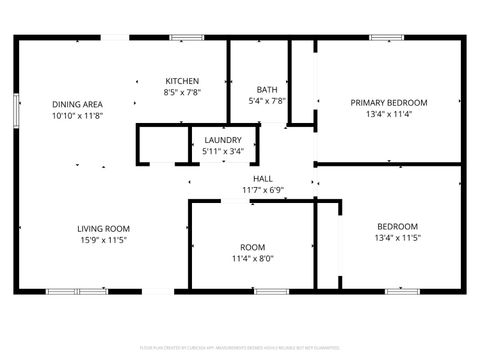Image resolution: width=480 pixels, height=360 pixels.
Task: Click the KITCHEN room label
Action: (182, 81)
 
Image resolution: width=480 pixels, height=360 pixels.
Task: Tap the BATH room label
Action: (267, 89)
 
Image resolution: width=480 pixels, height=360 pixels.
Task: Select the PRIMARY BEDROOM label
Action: (388, 103)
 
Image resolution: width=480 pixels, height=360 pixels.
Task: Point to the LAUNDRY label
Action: (222, 140)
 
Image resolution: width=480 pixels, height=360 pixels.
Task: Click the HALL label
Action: (263, 178)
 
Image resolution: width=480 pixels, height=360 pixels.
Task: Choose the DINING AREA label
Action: (78, 104)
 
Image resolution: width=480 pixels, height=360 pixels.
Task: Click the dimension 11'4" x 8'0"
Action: (252, 257)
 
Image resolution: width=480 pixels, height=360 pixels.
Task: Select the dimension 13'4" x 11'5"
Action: (397, 238)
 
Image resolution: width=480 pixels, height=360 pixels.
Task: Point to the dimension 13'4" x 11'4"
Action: (388, 114)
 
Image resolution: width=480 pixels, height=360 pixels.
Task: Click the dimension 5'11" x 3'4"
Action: (222, 151)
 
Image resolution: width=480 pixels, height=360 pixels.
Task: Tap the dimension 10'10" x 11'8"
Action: (78, 115)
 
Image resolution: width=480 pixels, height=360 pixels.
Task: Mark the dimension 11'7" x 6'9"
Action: (263, 189)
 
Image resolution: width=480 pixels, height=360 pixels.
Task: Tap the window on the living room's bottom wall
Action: (78, 291)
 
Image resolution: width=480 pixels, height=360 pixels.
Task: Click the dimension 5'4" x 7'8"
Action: (267, 100)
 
